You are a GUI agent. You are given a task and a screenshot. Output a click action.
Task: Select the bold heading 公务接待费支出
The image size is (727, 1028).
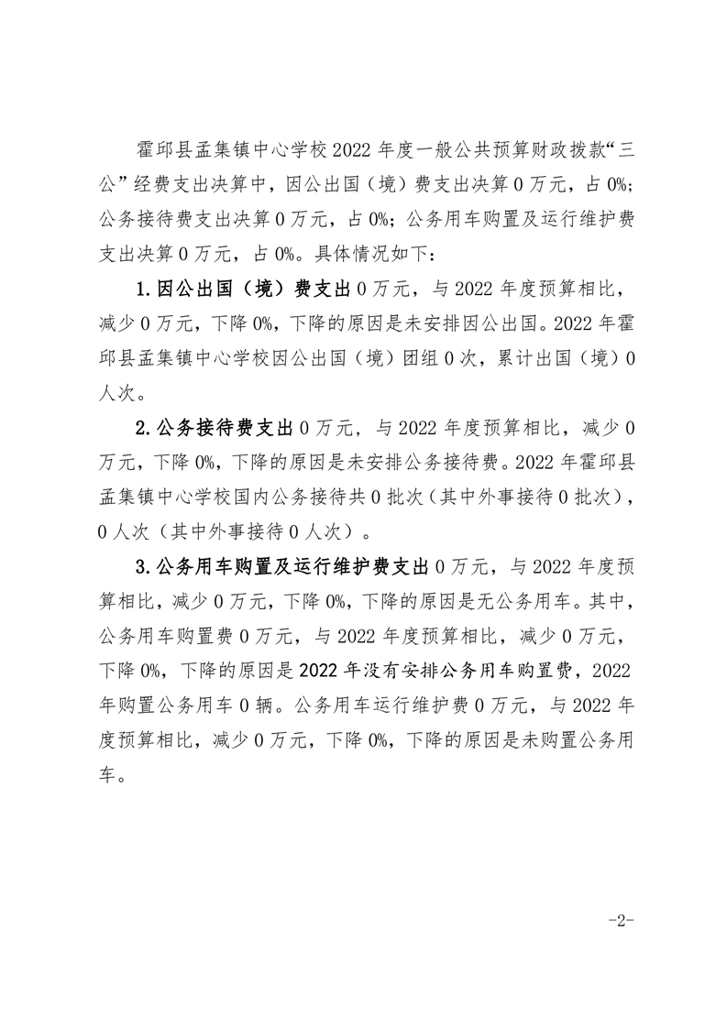pyautogui.click(x=226, y=427)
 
